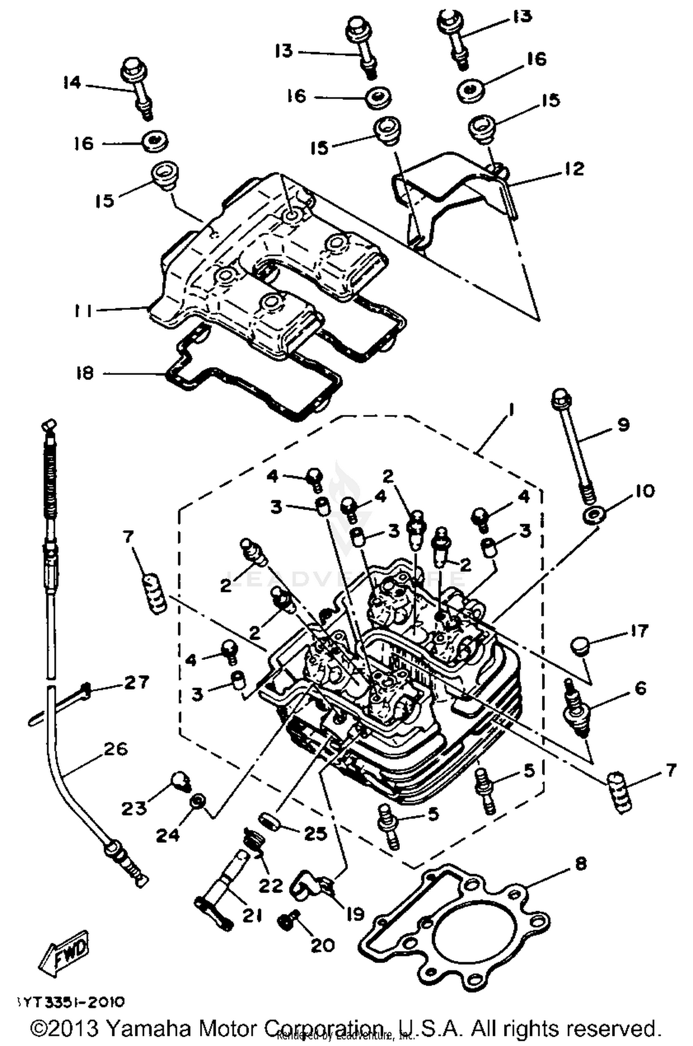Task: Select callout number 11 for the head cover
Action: point(83,311)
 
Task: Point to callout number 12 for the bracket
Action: point(574,169)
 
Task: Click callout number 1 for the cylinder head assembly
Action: point(511,410)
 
